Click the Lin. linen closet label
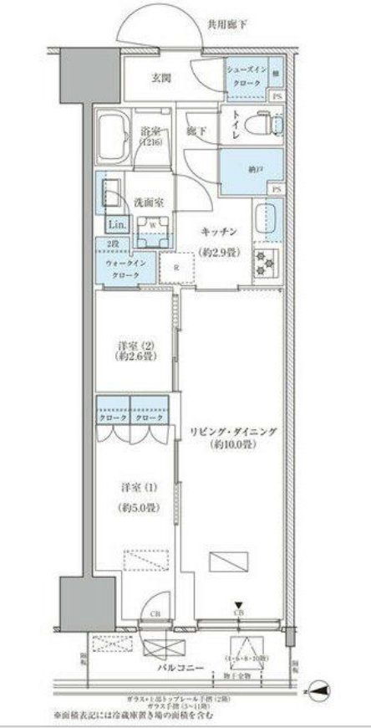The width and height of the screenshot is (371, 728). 117,226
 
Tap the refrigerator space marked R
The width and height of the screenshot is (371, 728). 178,267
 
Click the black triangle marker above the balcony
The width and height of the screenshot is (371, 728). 239,607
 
